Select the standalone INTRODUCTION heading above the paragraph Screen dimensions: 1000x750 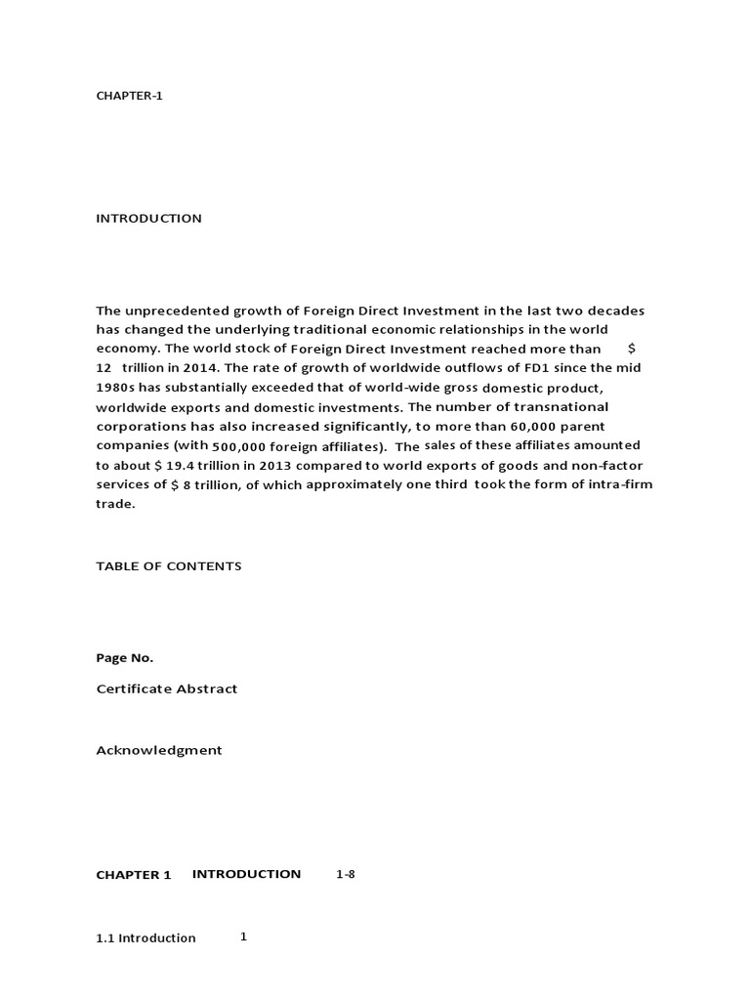(148, 219)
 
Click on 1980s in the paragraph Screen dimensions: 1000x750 (113, 387)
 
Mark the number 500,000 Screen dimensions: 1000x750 (239, 445)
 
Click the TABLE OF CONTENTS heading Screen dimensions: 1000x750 (168, 566)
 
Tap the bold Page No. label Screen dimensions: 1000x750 (124, 658)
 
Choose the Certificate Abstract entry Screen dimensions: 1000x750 (166, 689)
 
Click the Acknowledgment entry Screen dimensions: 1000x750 (158, 751)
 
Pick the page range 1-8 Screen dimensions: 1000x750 (346, 875)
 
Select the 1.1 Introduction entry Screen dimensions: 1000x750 (146, 938)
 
